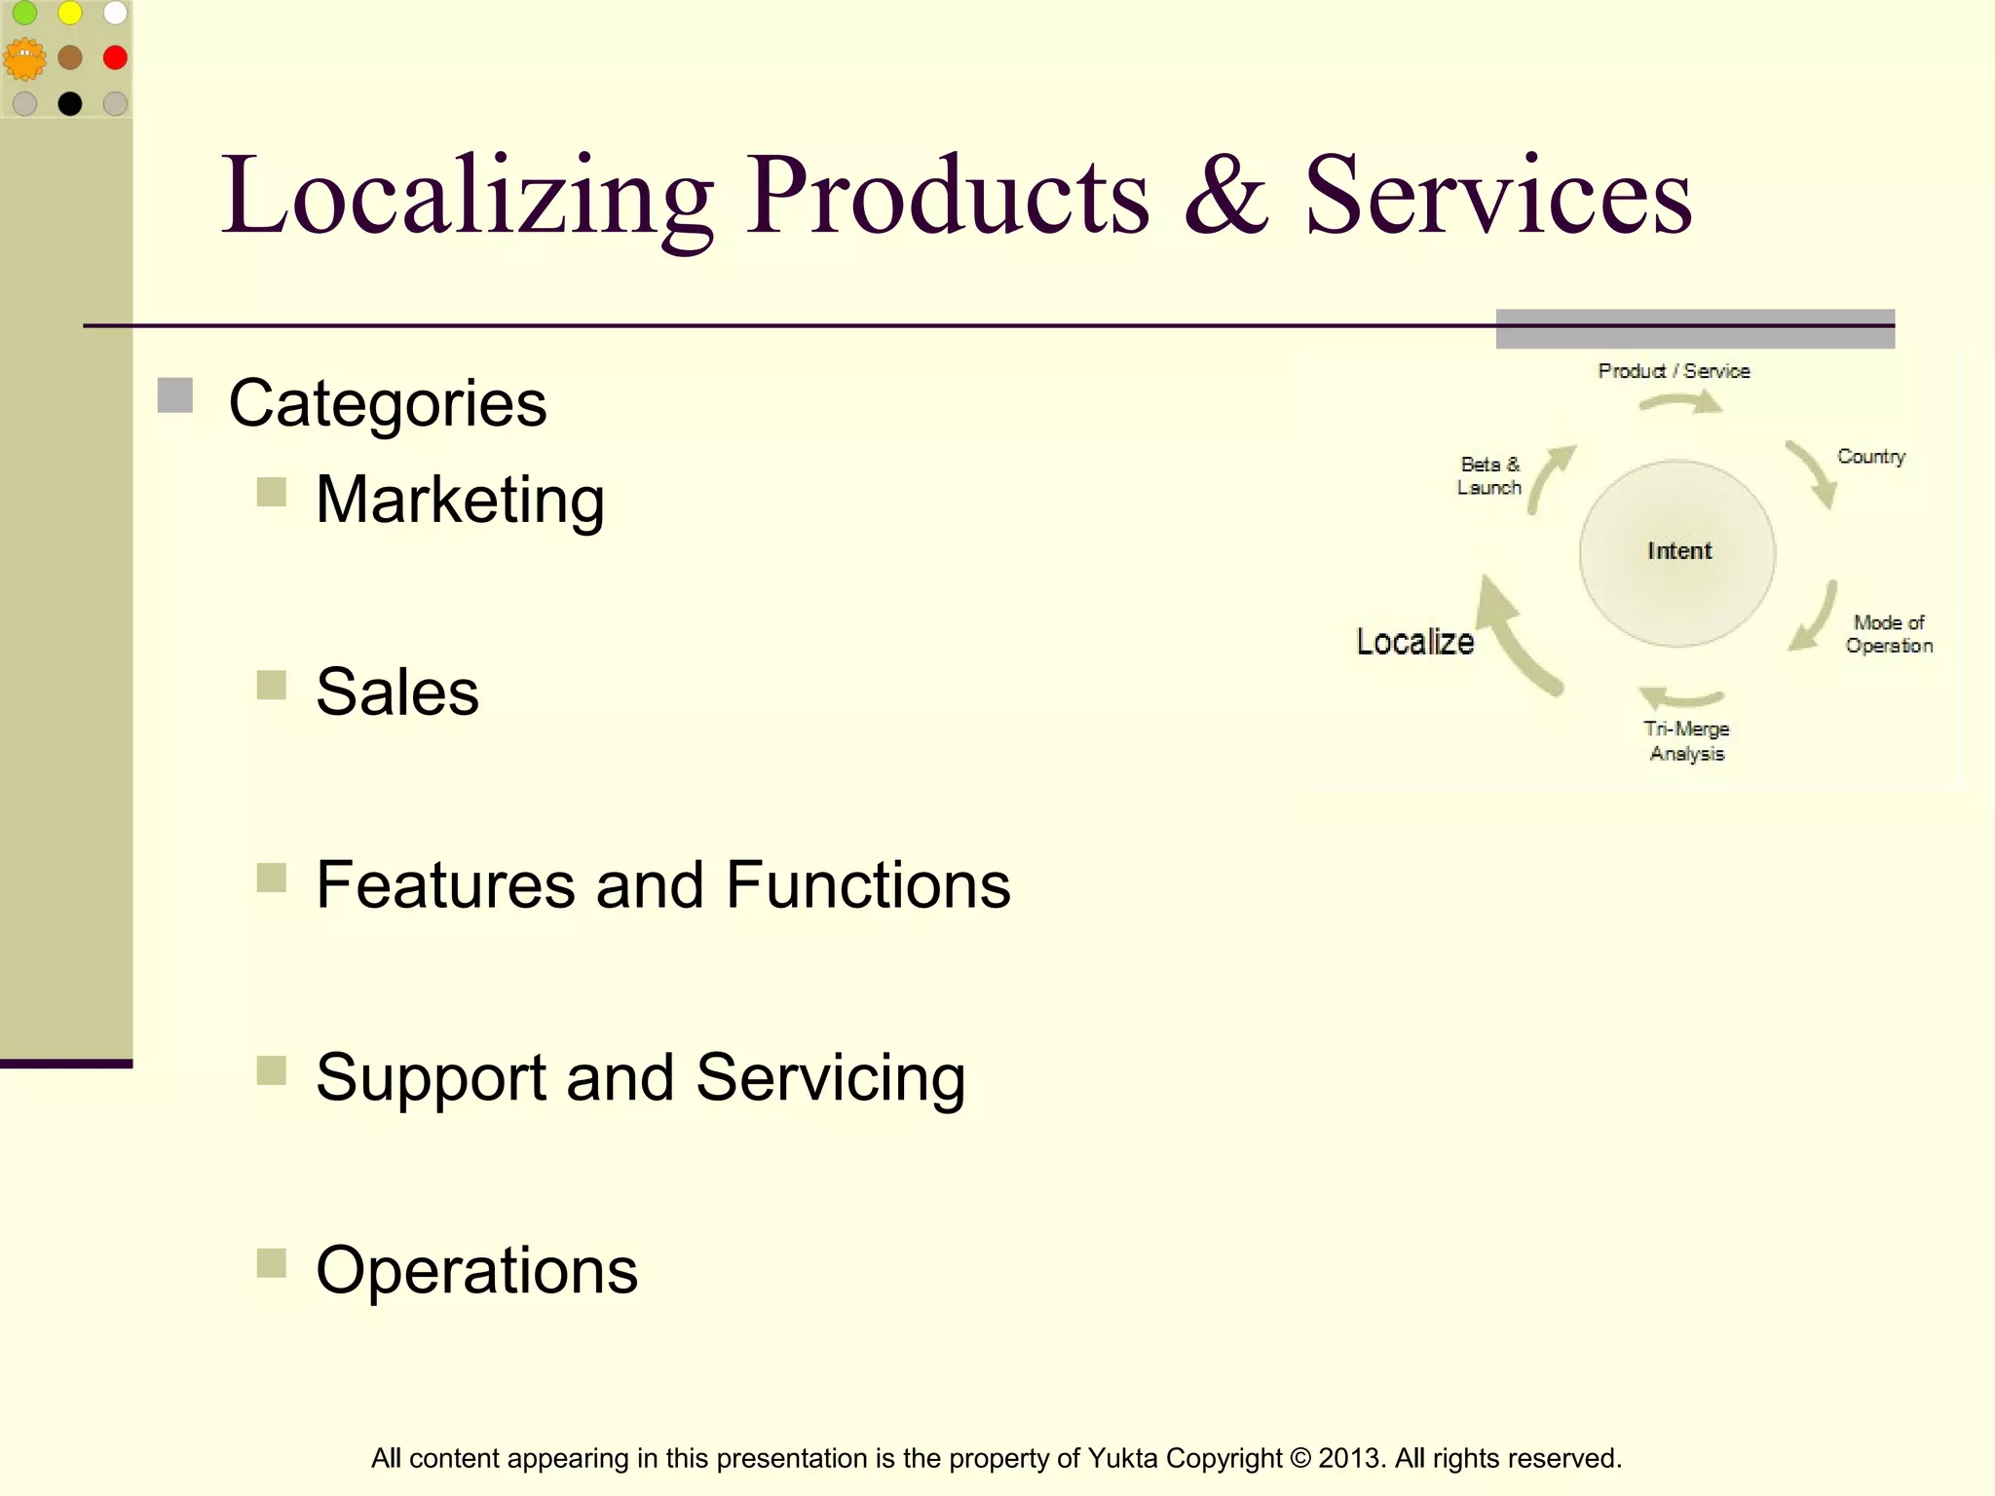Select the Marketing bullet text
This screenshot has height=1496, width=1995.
(x=460, y=500)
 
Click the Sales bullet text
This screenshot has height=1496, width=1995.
(x=397, y=692)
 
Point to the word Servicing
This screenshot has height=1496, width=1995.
(x=830, y=1078)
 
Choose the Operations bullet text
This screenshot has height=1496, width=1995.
(x=476, y=1271)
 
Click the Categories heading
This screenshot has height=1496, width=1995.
(x=387, y=403)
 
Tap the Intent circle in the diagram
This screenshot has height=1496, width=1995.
(x=1677, y=552)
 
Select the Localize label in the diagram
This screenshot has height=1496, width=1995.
(x=1414, y=642)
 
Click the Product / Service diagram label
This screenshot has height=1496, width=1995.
(x=1674, y=371)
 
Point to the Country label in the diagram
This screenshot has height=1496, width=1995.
(x=1870, y=457)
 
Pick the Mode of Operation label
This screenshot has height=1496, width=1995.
(x=1889, y=634)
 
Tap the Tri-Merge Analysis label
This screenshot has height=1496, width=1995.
(x=1686, y=741)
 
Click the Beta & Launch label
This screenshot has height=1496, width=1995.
(x=1489, y=476)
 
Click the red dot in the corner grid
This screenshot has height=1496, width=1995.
(x=115, y=57)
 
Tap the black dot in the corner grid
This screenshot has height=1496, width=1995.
(x=70, y=103)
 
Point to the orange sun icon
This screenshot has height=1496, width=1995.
(x=24, y=58)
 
